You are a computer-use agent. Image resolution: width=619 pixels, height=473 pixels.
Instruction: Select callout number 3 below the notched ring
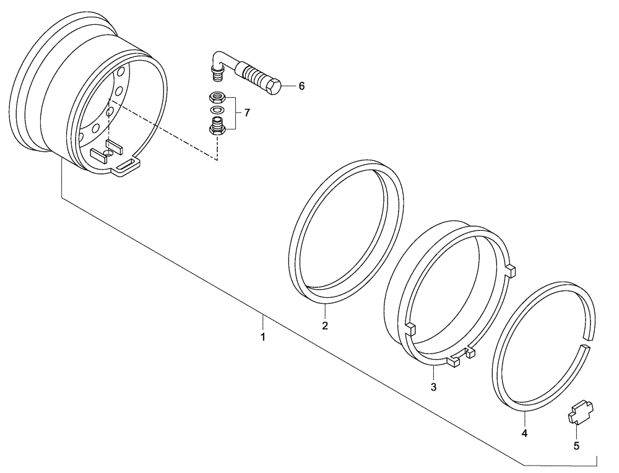point(433,388)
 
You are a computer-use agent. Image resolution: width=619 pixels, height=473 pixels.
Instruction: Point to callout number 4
point(524,433)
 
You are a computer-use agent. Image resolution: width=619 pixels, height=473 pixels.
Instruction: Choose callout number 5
point(576,445)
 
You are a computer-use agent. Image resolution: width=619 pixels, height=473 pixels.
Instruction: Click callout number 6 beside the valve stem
point(301,86)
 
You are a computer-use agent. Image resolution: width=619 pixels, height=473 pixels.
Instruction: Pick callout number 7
point(246,113)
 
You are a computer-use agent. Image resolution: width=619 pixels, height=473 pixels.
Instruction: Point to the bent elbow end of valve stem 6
point(217,63)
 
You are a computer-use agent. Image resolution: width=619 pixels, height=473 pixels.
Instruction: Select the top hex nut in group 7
point(217,97)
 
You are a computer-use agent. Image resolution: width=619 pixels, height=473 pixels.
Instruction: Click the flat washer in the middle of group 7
point(217,110)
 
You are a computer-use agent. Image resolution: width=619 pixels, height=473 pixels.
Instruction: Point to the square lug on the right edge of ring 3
point(511,270)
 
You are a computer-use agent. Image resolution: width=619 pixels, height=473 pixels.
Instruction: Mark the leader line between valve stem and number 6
point(288,86)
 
